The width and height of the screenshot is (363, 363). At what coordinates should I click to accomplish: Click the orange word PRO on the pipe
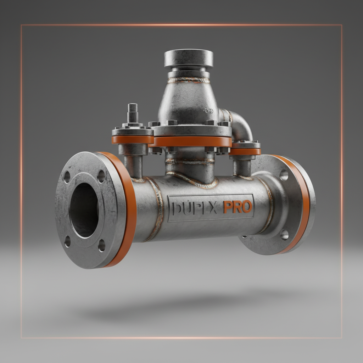(238, 207)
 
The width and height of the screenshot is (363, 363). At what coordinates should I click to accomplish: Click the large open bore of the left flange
(84, 210)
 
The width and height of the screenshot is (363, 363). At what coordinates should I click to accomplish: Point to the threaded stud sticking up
(133, 113)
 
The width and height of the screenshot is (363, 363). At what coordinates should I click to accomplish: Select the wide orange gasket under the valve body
(191, 142)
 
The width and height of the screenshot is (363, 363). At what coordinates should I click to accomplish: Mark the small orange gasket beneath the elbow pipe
(245, 151)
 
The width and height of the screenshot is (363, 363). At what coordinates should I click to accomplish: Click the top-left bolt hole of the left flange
(67, 177)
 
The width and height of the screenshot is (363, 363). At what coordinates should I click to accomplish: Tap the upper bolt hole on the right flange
(284, 175)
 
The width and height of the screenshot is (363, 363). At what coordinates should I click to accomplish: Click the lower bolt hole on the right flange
(284, 234)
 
